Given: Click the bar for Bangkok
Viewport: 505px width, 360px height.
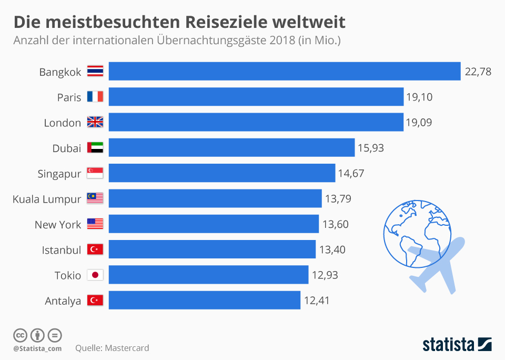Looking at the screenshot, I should [x=285, y=71].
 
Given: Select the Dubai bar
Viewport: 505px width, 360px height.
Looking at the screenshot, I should [x=231, y=148].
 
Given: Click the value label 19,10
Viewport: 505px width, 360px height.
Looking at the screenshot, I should [x=419, y=97].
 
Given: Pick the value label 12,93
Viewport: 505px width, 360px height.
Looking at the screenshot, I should [x=325, y=275].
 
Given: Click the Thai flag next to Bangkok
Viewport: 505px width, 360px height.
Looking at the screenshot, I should [x=95, y=72].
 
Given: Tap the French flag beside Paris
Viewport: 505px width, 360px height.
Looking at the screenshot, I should [x=95, y=97].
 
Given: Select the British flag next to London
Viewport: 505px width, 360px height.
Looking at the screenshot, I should [x=95, y=123].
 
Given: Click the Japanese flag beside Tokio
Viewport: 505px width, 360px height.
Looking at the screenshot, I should [x=95, y=275].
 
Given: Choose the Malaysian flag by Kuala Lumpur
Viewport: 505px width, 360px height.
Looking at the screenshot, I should [x=95, y=198].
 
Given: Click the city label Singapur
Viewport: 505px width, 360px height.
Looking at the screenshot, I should [x=59, y=174].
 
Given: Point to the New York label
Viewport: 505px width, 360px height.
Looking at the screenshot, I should [x=58, y=224].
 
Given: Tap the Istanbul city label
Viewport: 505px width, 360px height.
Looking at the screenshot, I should [x=62, y=249].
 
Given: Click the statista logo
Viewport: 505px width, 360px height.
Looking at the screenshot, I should [x=457, y=345].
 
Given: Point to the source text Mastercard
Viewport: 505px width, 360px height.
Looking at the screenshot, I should [x=127, y=348].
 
